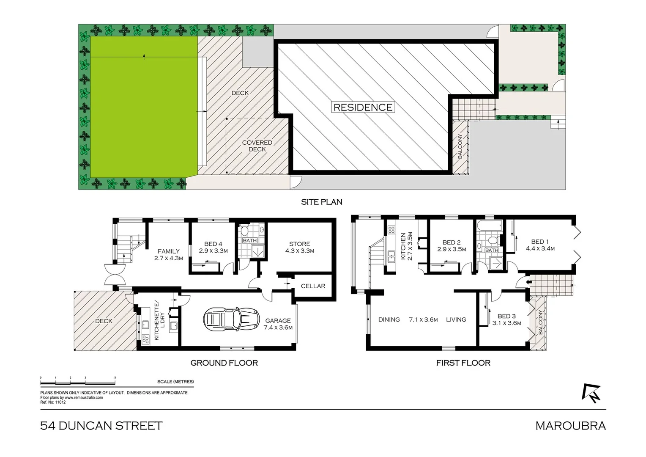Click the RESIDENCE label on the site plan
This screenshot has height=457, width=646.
[363, 107]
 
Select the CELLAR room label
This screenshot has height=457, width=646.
[313, 286]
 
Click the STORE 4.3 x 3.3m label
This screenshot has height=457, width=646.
[299, 247]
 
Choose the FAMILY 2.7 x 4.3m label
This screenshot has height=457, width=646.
[168, 254]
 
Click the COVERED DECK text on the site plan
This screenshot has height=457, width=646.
[257, 146]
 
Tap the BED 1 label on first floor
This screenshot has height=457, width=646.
[540, 245]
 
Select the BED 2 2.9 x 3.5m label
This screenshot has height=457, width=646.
[451, 246]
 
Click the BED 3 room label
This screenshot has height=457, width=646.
[506, 319]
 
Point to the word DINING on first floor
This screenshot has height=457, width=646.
[389, 319]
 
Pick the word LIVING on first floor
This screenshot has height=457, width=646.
[456, 319]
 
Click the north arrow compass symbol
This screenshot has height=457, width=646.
[591, 393]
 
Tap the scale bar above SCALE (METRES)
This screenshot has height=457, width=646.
[78, 382]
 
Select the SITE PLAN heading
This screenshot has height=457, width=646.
[321, 202]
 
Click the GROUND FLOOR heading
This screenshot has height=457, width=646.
[224, 363]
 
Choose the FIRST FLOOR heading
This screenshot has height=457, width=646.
[463, 363]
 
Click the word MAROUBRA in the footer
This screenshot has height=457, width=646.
[570, 426]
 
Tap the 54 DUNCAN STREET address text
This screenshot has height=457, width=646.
[101, 426]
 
